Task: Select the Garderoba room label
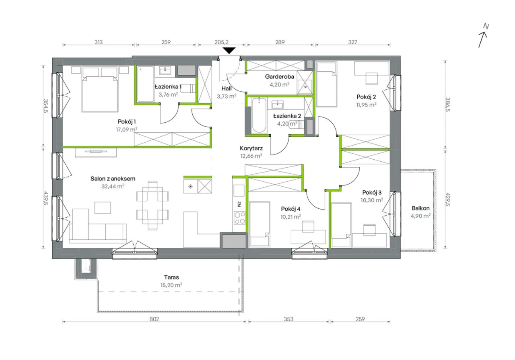click(x=279, y=76)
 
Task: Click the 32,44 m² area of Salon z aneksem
click(x=113, y=186)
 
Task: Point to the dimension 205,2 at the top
click(x=221, y=42)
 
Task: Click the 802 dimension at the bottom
click(x=154, y=319)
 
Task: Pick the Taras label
click(x=171, y=277)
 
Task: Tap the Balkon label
click(x=420, y=208)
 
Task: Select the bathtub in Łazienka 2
click(x=259, y=115)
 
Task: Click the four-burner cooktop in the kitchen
click(x=239, y=218)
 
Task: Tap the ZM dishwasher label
click(x=239, y=204)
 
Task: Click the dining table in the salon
click(x=152, y=206)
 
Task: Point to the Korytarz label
click(x=251, y=148)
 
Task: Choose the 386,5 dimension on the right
click(x=448, y=105)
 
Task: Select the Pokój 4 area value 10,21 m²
click(x=290, y=216)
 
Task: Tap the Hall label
click(x=227, y=88)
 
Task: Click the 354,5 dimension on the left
click(x=45, y=106)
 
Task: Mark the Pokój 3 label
click(x=372, y=192)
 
